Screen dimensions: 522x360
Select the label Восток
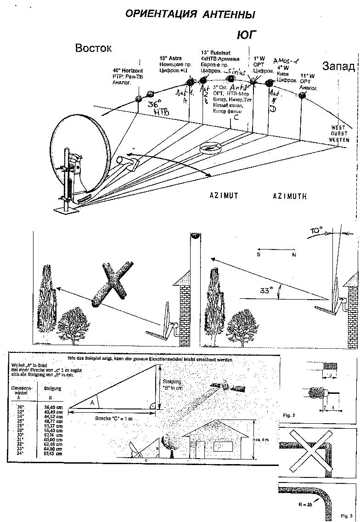[94, 48]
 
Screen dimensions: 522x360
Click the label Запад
[339, 67]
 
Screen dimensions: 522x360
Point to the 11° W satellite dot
[302, 96]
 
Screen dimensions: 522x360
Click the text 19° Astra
[170, 59]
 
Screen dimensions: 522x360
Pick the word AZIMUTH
[289, 196]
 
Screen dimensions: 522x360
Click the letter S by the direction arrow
[259, 254]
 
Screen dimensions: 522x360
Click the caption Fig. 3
[347, 516]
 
